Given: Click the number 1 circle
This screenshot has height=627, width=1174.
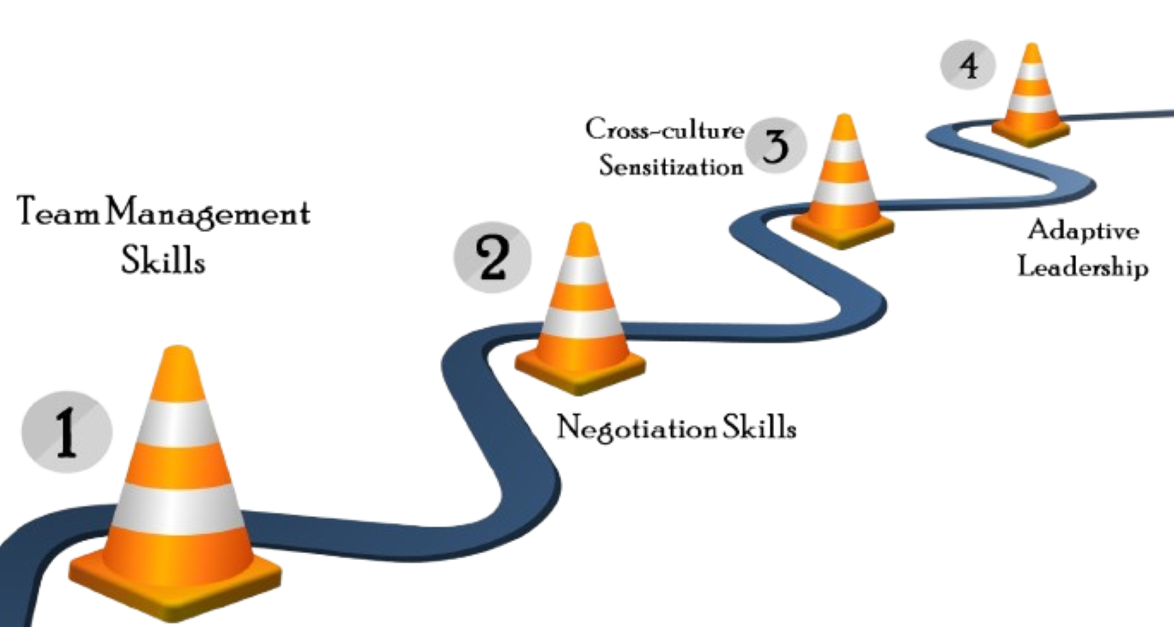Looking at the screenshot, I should click(x=66, y=431).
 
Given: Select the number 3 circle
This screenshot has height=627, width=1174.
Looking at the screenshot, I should click(x=774, y=146).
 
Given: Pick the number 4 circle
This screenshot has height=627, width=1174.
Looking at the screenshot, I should click(x=968, y=66).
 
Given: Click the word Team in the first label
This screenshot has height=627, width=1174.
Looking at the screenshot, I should click(x=51, y=213).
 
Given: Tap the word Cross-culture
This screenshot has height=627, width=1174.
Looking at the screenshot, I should click(x=664, y=129).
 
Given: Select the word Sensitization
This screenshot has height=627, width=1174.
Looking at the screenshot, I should click(x=671, y=164).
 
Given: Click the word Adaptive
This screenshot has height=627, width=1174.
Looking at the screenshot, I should click(x=1083, y=231).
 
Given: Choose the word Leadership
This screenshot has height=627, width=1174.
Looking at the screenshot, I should click(x=1083, y=267).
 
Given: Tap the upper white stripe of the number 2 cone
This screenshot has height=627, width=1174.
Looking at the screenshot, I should click(x=582, y=270).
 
